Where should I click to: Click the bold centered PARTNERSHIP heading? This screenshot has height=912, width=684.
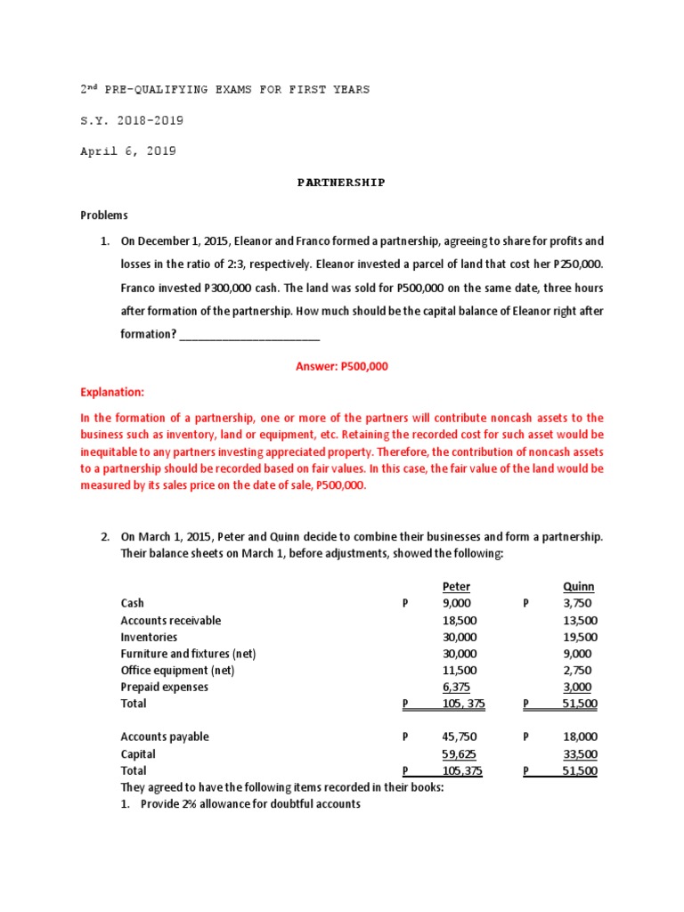click(x=341, y=183)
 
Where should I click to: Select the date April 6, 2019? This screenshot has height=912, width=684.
click(x=128, y=151)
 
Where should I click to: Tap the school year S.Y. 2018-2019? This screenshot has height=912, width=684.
click(x=133, y=120)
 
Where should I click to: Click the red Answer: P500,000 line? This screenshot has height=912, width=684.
click(x=341, y=366)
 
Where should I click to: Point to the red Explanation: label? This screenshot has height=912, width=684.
click(x=111, y=392)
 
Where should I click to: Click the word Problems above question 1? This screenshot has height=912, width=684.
click(x=104, y=215)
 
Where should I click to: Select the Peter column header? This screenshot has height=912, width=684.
click(x=456, y=586)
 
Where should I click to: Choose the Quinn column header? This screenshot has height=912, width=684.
click(x=579, y=586)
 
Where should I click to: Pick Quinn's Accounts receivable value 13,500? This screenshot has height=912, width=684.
click(x=580, y=620)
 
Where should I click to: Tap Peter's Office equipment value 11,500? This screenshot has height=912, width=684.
click(x=460, y=670)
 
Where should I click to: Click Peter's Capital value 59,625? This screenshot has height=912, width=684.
click(x=460, y=754)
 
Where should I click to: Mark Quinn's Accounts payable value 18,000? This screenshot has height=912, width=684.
click(x=581, y=737)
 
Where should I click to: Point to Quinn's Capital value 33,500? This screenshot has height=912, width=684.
click(x=581, y=754)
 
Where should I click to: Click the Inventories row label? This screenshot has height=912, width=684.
click(x=149, y=637)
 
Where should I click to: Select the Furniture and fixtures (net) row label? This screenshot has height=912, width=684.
click(x=188, y=654)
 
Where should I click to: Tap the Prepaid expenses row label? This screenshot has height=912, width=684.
click(x=165, y=687)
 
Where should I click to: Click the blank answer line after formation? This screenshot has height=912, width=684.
click(x=249, y=335)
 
